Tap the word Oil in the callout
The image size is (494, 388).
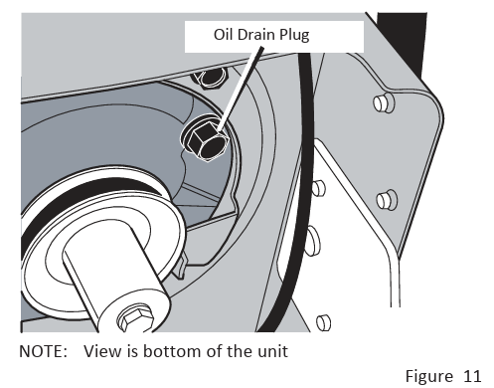[223, 35]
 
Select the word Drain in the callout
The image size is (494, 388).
[255, 35]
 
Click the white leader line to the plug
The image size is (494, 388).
[241, 88]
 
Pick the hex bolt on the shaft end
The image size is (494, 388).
[135, 318]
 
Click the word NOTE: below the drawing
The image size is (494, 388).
[44, 351]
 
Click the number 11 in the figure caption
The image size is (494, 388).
[472, 376]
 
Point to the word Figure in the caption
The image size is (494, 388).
[429, 377]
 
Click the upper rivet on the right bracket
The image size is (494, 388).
[384, 102]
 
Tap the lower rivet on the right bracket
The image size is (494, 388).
[387, 200]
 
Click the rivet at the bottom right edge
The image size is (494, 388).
[324, 322]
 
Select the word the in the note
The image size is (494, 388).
[240, 351]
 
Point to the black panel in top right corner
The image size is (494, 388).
[405, 43]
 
